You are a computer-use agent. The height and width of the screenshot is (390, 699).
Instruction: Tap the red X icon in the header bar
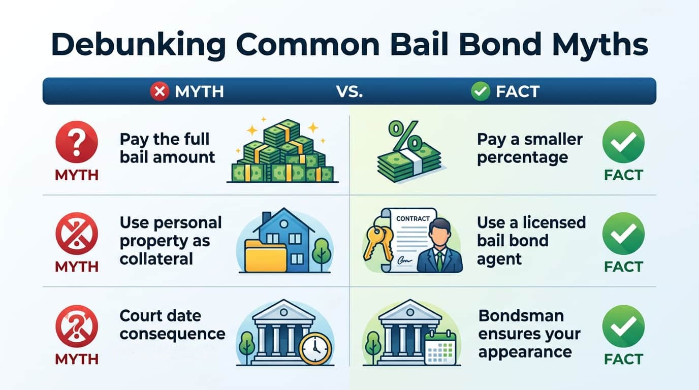160,91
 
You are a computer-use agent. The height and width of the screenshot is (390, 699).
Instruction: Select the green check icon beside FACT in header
480,91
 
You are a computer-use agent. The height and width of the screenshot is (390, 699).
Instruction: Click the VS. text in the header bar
349,91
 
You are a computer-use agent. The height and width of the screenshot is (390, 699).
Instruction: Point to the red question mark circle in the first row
77,142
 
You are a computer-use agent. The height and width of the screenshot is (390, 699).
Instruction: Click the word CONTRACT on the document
412,219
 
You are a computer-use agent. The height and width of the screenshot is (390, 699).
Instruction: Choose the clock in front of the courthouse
314,349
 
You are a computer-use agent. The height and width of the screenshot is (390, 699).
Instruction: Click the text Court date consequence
172,325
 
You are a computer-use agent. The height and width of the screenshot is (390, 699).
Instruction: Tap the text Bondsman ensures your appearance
528,334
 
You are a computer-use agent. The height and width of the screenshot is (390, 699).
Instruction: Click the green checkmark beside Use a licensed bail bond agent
623,234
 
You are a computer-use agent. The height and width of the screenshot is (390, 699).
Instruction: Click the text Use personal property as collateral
171,241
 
